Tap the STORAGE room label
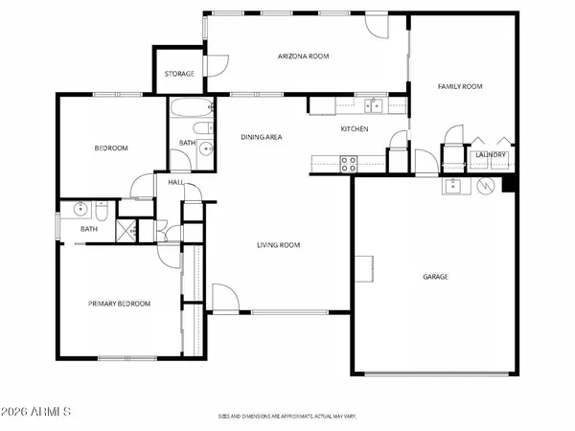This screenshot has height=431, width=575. (x=179, y=74)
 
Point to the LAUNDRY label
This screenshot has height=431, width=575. (x=491, y=154)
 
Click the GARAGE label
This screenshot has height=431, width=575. (x=436, y=277)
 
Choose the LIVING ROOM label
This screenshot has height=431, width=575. (x=278, y=245)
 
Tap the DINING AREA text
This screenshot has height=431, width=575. (x=261, y=137)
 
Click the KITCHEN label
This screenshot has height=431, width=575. (x=355, y=128)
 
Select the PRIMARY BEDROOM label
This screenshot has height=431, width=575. (x=119, y=304)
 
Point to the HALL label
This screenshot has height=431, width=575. (x=175, y=182)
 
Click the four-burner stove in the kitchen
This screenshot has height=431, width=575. (x=349, y=165)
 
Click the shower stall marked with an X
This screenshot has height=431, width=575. (x=126, y=230)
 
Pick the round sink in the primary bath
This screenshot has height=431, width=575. (x=80, y=207)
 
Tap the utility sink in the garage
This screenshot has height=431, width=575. (x=454, y=185)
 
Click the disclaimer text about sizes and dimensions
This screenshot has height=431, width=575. (x=287, y=417)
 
